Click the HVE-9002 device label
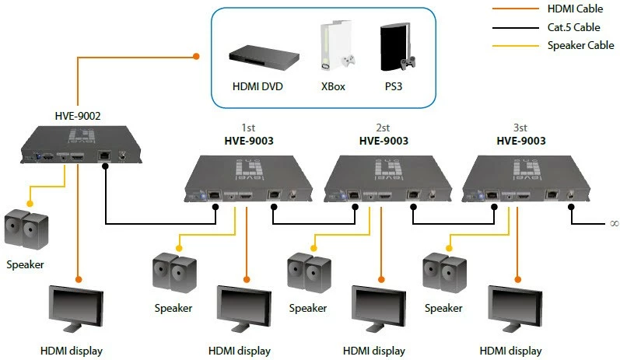(77, 116)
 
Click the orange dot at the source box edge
(196, 56)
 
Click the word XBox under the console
(332, 86)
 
